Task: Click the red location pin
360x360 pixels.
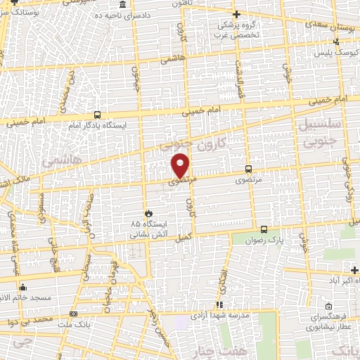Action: click(x=181, y=165)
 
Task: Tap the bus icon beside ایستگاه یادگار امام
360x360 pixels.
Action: click(x=97, y=115)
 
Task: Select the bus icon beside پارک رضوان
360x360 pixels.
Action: click(x=264, y=229)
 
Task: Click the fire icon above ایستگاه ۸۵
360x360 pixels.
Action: click(x=148, y=212)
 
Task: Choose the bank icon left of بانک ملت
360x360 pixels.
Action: click(x=74, y=314)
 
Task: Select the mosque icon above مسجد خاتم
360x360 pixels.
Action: click(x=23, y=287)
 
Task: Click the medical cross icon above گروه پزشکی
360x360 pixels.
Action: click(x=237, y=14)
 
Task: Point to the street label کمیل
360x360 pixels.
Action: click(x=184, y=237)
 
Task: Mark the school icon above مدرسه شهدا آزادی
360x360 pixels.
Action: click(x=220, y=305)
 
